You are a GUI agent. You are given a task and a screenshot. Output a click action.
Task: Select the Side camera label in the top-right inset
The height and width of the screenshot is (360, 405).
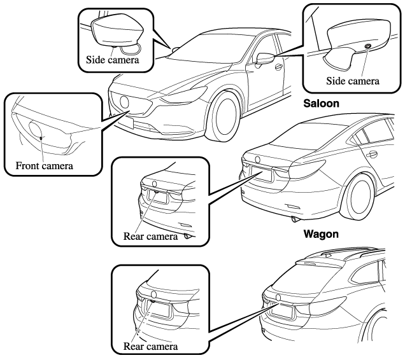click(353, 81)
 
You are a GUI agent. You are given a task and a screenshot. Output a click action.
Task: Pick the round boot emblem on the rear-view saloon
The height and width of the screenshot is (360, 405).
click(257, 159)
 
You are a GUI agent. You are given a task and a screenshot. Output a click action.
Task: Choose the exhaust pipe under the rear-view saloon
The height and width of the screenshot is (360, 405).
click(294, 219)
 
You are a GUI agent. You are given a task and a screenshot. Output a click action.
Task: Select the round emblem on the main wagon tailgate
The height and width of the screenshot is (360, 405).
click(277, 297)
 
